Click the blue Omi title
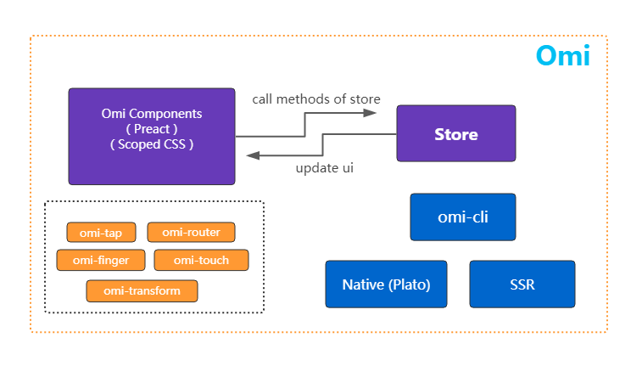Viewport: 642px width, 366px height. click(x=563, y=55)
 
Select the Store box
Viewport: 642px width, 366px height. click(x=456, y=133)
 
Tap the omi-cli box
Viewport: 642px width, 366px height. click(x=463, y=217)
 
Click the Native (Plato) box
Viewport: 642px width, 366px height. click(x=386, y=284)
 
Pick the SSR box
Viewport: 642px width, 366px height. click(x=522, y=284)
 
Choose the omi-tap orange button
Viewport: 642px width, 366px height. click(x=101, y=233)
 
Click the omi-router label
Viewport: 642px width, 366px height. click(x=191, y=233)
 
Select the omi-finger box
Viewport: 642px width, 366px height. click(x=101, y=260)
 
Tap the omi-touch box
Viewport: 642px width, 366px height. click(x=201, y=260)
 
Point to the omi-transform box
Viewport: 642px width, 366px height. click(x=142, y=291)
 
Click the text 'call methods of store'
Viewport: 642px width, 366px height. click(x=316, y=99)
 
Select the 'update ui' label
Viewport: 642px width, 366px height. click(x=324, y=168)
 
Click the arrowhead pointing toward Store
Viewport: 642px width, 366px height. click(x=370, y=113)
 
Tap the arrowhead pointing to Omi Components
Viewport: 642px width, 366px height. click(x=253, y=155)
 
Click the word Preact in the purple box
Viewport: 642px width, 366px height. click(x=152, y=129)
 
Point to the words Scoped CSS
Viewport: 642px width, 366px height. click(x=152, y=144)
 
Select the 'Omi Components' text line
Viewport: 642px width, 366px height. click(x=152, y=114)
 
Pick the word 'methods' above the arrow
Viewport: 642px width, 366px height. click(x=298, y=99)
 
